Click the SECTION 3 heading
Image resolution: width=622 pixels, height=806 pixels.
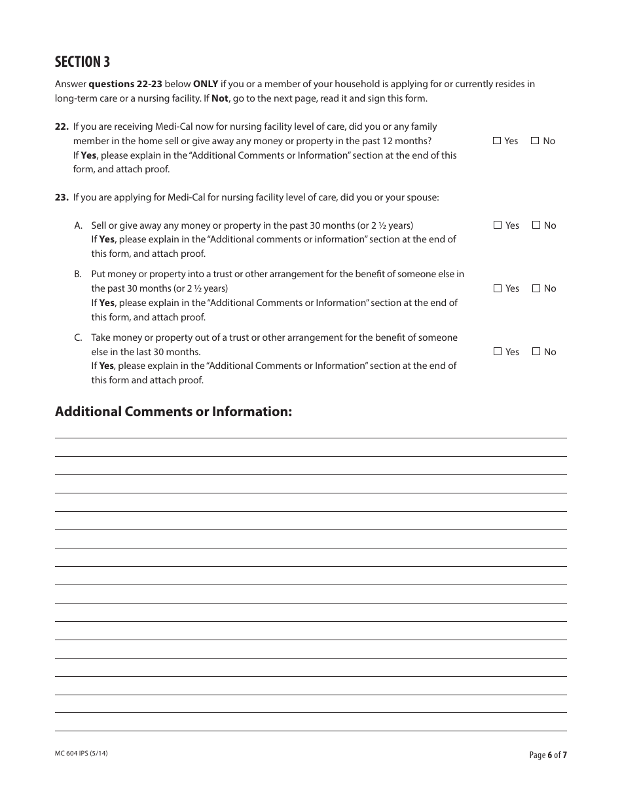click(82, 62)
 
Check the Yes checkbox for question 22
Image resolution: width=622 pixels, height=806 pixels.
click(497, 141)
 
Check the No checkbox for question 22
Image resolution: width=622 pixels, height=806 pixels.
click(535, 141)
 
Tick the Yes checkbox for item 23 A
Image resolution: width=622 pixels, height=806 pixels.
click(498, 225)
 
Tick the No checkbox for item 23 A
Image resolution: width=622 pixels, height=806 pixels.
click(536, 225)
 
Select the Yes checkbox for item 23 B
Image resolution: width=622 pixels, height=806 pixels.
click(498, 288)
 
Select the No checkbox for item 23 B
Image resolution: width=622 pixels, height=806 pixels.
click(536, 288)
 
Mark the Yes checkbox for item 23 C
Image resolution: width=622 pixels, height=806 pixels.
click(498, 352)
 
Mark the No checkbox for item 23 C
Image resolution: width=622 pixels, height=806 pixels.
click(536, 352)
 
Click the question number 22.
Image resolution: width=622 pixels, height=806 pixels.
click(62, 126)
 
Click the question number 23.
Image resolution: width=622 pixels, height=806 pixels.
click(62, 197)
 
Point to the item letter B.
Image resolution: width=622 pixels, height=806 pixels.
click(77, 275)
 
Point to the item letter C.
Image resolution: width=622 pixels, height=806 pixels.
click(77, 338)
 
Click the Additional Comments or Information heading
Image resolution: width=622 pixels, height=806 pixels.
click(174, 412)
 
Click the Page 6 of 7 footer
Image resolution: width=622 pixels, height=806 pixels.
click(547, 755)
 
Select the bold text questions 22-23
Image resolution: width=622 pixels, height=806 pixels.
click(124, 84)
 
